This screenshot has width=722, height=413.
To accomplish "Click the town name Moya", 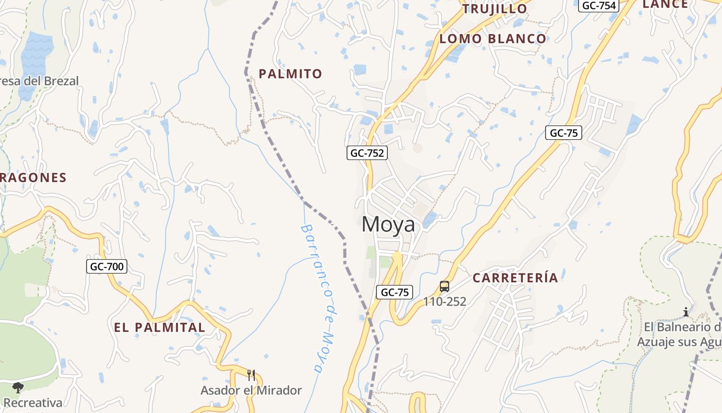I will [x=388, y=225].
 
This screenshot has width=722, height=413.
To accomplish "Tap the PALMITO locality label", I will [x=290, y=74].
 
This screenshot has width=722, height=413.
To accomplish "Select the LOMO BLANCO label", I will [x=493, y=39].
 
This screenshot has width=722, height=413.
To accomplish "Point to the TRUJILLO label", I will [x=495, y=9].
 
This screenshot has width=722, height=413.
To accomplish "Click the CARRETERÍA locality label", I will [x=515, y=278].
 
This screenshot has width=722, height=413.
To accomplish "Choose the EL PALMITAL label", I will [x=159, y=327].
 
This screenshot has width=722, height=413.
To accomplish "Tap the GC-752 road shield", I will [x=366, y=153].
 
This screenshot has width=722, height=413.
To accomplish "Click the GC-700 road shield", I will [x=106, y=266].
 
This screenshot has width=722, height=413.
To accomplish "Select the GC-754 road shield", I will [x=598, y=6].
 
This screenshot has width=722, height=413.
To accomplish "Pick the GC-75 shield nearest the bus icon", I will [x=395, y=292].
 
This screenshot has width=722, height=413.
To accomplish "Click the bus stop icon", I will [x=445, y=286].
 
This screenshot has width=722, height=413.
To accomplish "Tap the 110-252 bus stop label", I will [x=445, y=301].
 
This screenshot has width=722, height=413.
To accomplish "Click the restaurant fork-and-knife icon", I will [x=251, y=375].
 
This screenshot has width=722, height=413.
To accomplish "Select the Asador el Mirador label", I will [x=251, y=390].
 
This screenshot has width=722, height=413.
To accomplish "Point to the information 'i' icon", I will [x=685, y=312].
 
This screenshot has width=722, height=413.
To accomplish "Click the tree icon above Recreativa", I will [x=18, y=387].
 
